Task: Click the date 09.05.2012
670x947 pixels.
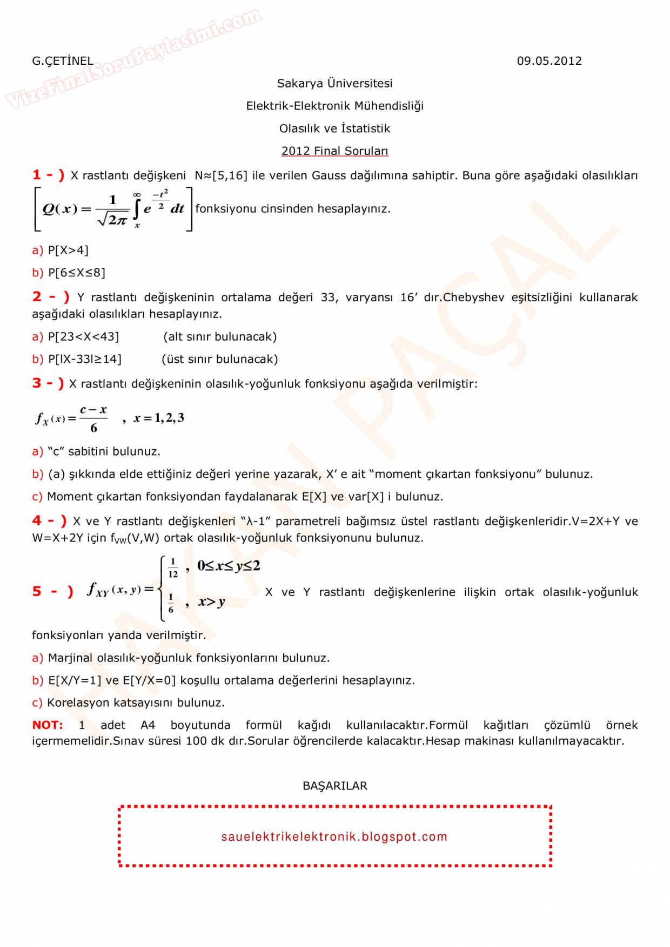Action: click(549, 61)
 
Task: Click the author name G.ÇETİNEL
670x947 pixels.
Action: click(62, 61)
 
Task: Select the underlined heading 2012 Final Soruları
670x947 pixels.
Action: click(334, 151)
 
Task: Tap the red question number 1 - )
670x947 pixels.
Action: click(48, 175)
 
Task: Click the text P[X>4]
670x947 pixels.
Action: click(68, 251)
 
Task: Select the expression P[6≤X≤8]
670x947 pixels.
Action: click(77, 273)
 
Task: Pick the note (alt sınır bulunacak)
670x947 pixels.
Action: click(220, 337)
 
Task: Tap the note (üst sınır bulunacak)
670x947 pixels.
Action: click(220, 360)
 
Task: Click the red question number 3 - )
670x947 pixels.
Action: click(48, 383)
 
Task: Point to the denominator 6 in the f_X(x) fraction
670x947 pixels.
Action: click(93, 428)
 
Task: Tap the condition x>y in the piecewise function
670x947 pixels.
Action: click(211, 602)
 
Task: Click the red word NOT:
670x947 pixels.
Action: click(48, 725)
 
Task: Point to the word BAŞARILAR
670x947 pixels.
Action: click(334, 786)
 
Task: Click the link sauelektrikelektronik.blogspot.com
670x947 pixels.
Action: click(334, 837)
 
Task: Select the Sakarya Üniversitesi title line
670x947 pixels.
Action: click(334, 84)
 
